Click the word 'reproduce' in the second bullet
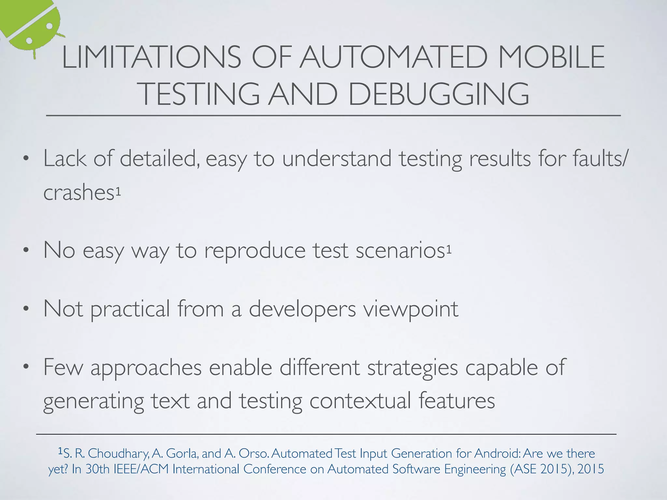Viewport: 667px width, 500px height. tap(255, 250)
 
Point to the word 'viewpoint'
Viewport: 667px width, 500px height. tap(411, 309)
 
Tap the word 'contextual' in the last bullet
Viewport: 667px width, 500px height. tap(360, 401)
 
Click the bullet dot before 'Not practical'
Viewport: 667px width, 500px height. tap(26, 309)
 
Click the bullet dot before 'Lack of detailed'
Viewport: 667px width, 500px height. tap(26, 159)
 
